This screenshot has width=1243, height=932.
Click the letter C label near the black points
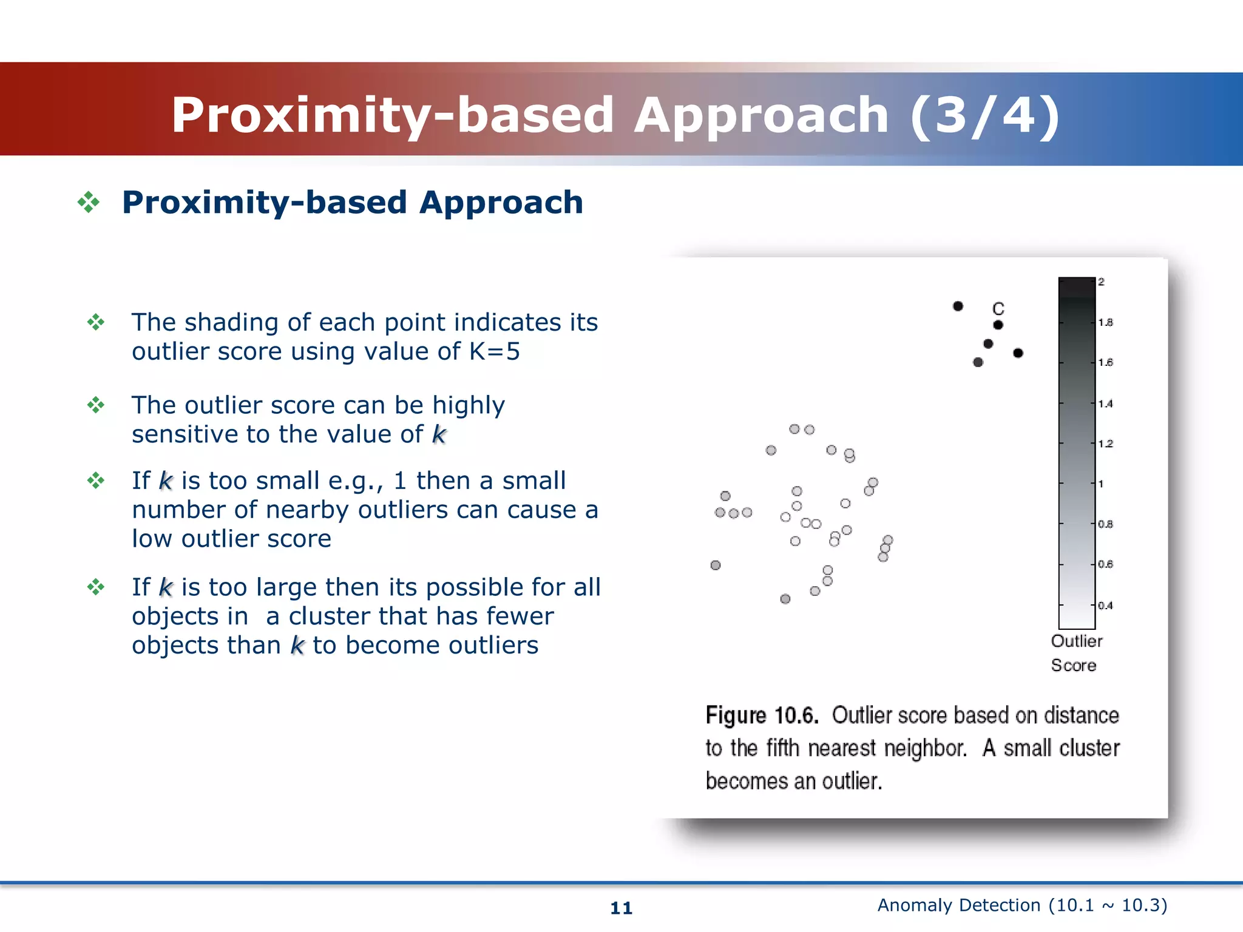998,308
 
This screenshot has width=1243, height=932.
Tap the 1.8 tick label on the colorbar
1105,322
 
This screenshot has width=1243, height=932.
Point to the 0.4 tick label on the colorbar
1105,605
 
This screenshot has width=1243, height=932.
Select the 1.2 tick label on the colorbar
1105,444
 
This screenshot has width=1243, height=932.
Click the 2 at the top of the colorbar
1101,282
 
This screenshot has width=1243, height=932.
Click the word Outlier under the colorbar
1076,641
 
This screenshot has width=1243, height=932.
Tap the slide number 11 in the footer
621,908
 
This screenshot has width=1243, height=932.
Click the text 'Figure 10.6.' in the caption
762,715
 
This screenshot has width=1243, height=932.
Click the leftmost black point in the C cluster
958,306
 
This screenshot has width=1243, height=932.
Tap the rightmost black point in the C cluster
1018,353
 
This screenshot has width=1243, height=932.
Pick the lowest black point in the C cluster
978,362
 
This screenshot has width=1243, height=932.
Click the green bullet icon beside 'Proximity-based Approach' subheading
89,202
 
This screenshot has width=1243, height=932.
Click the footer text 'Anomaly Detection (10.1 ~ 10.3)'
1022,905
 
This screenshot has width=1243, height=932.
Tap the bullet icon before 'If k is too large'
96,587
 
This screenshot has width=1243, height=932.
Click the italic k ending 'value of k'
439,434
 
